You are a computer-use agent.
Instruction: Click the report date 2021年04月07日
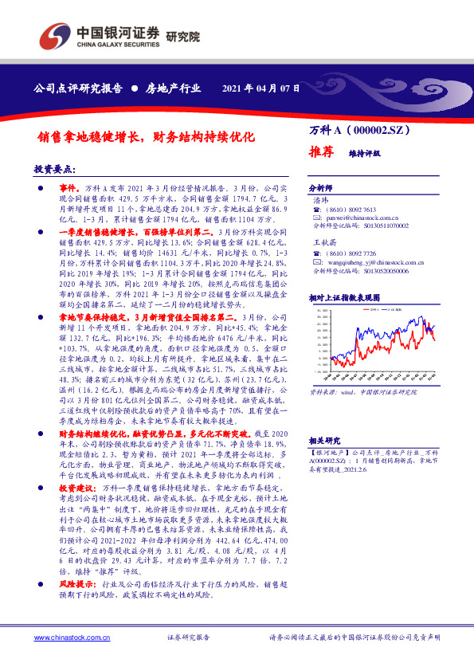click(261, 88)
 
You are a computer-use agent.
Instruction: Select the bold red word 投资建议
click(76, 485)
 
